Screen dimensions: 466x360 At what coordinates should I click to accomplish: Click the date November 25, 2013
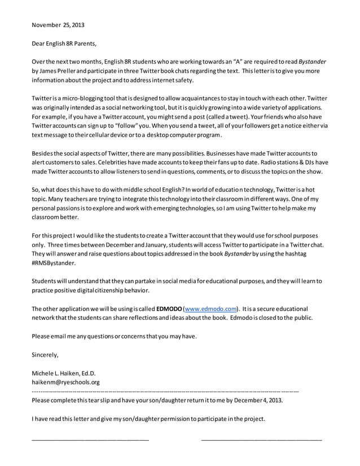pos(58,25)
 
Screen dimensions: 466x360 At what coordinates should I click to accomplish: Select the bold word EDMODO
pos(169,309)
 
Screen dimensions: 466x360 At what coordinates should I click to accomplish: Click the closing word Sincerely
pos(45,354)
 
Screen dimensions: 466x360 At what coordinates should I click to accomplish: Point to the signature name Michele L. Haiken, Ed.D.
pos(64,373)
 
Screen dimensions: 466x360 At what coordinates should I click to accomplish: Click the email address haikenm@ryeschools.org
pos(65,382)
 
